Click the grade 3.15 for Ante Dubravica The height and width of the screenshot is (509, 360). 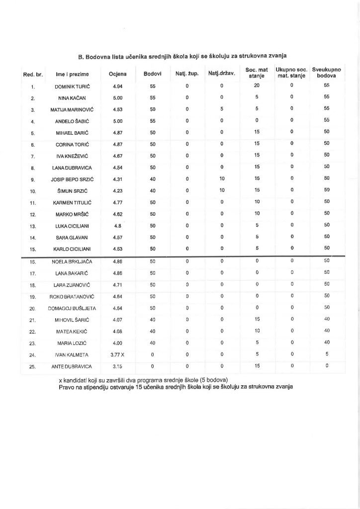pyautogui.click(x=117, y=367)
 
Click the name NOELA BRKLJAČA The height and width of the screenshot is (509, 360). pyautogui.click(x=73, y=261)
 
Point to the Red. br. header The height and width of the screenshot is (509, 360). pyautogui.click(x=33, y=75)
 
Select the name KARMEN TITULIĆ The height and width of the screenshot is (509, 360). pyautogui.click(x=73, y=202)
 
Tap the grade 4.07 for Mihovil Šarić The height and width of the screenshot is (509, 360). pyautogui.click(x=117, y=321)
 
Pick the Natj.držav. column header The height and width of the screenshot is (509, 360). pyautogui.click(x=221, y=74)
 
